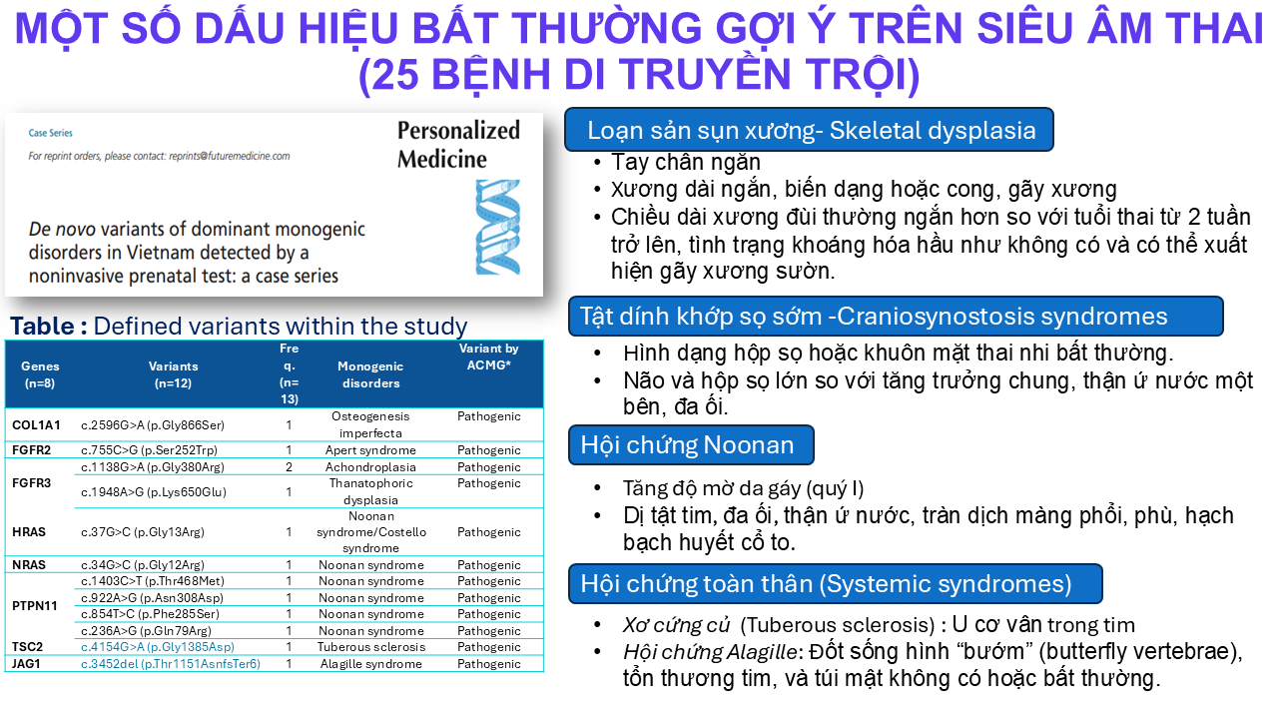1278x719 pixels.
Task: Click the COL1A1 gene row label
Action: pyautogui.click(x=36, y=425)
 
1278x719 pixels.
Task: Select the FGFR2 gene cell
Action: pyautogui.click(x=31, y=450)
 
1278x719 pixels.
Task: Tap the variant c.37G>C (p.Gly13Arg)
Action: pyautogui.click(x=142, y=532)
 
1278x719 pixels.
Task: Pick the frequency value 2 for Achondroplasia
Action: pyautogui.click(x=290, y=467)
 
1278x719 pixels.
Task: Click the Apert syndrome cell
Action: pyautogui.click(x=370, y=450)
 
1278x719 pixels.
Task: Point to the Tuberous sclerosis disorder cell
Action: pyautogui.click(x=371, y=647)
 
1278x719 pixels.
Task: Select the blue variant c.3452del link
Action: pyautogui.click(x=171, y=664)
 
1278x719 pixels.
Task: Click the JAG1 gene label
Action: pyautogui.click(x=27, y=664)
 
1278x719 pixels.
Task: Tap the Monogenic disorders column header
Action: pyautogui.click(x=370, y=374)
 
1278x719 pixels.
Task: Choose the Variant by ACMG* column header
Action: pyautogui.click(x=489, y=357)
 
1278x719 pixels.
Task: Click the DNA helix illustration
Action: pyautogui.click(x=498, y=227)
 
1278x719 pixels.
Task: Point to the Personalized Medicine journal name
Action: pyautogui.click(x=458, y=145)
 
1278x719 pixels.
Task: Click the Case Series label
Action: pyautogui.click(x=51, y=133)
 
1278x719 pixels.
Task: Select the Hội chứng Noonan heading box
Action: pyautogui.click(x=691, y=445)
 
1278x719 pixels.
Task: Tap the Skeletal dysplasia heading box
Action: pyautogui.click(x=809, y=130)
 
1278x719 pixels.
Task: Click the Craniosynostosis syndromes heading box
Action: pyautogui.click(x=896, y=317)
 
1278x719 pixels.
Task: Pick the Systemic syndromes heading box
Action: pyautogui.click(x=836, y=584)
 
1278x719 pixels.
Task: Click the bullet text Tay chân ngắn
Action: pyautogui.click(x=686, y=162)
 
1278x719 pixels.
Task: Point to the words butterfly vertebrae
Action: pyautogui.click(x=1132, y=652)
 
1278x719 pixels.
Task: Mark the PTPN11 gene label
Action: pyautogui.click(x=35, y=606)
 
